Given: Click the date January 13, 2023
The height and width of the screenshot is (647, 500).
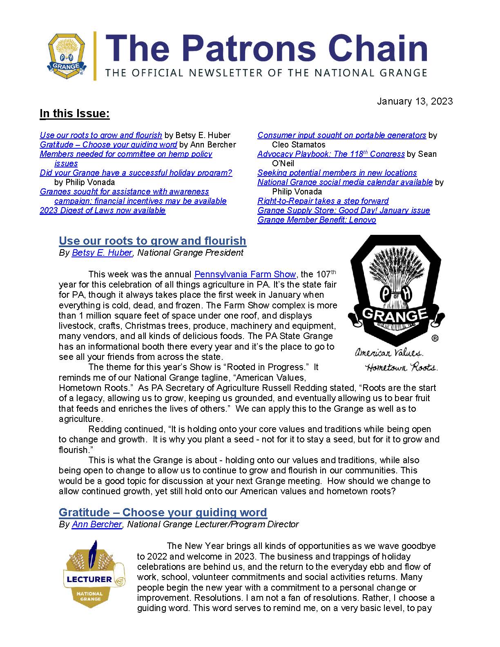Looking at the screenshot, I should coord(415,101).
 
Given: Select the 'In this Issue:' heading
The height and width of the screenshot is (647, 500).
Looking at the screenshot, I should coord(75,114).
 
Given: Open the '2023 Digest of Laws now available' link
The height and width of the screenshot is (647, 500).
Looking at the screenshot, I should coord(103,210).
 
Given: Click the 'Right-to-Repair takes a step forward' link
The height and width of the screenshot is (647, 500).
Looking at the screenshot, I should coord(323,201).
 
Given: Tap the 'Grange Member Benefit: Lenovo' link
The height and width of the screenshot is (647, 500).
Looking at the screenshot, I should coord(317,220).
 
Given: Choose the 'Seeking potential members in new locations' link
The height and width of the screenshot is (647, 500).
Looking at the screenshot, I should coord(337,173).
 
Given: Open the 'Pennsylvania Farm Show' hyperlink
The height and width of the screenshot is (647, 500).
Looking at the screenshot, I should coord(245,274).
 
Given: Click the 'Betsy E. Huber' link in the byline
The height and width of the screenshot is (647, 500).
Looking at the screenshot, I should coord(102,253).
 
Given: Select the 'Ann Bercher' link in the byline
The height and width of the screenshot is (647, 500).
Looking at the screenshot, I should coord(97,524).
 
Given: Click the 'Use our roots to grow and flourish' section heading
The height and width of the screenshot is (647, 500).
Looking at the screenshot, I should coord(152,241).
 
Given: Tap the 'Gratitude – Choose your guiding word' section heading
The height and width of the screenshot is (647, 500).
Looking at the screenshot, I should coord(163,512).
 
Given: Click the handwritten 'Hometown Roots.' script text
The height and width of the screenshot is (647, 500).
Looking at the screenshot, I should coord(401,367).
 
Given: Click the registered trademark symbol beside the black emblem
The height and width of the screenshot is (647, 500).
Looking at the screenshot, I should coord(435,338).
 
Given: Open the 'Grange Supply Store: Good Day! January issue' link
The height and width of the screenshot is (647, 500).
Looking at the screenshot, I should coord(344,210).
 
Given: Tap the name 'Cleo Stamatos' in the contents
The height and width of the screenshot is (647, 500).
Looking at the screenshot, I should coord(299,145).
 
